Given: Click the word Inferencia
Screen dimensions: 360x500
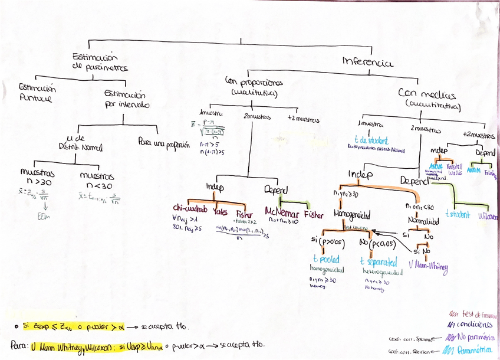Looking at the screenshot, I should pos(368,61).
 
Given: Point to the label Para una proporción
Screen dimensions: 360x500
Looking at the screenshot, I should pos(164,143).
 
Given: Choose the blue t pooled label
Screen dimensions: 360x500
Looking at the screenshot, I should pos(326,260).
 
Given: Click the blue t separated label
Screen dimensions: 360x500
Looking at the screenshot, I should pos(379,260).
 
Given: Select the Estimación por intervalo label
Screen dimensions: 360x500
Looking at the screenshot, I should pos(125,99).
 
